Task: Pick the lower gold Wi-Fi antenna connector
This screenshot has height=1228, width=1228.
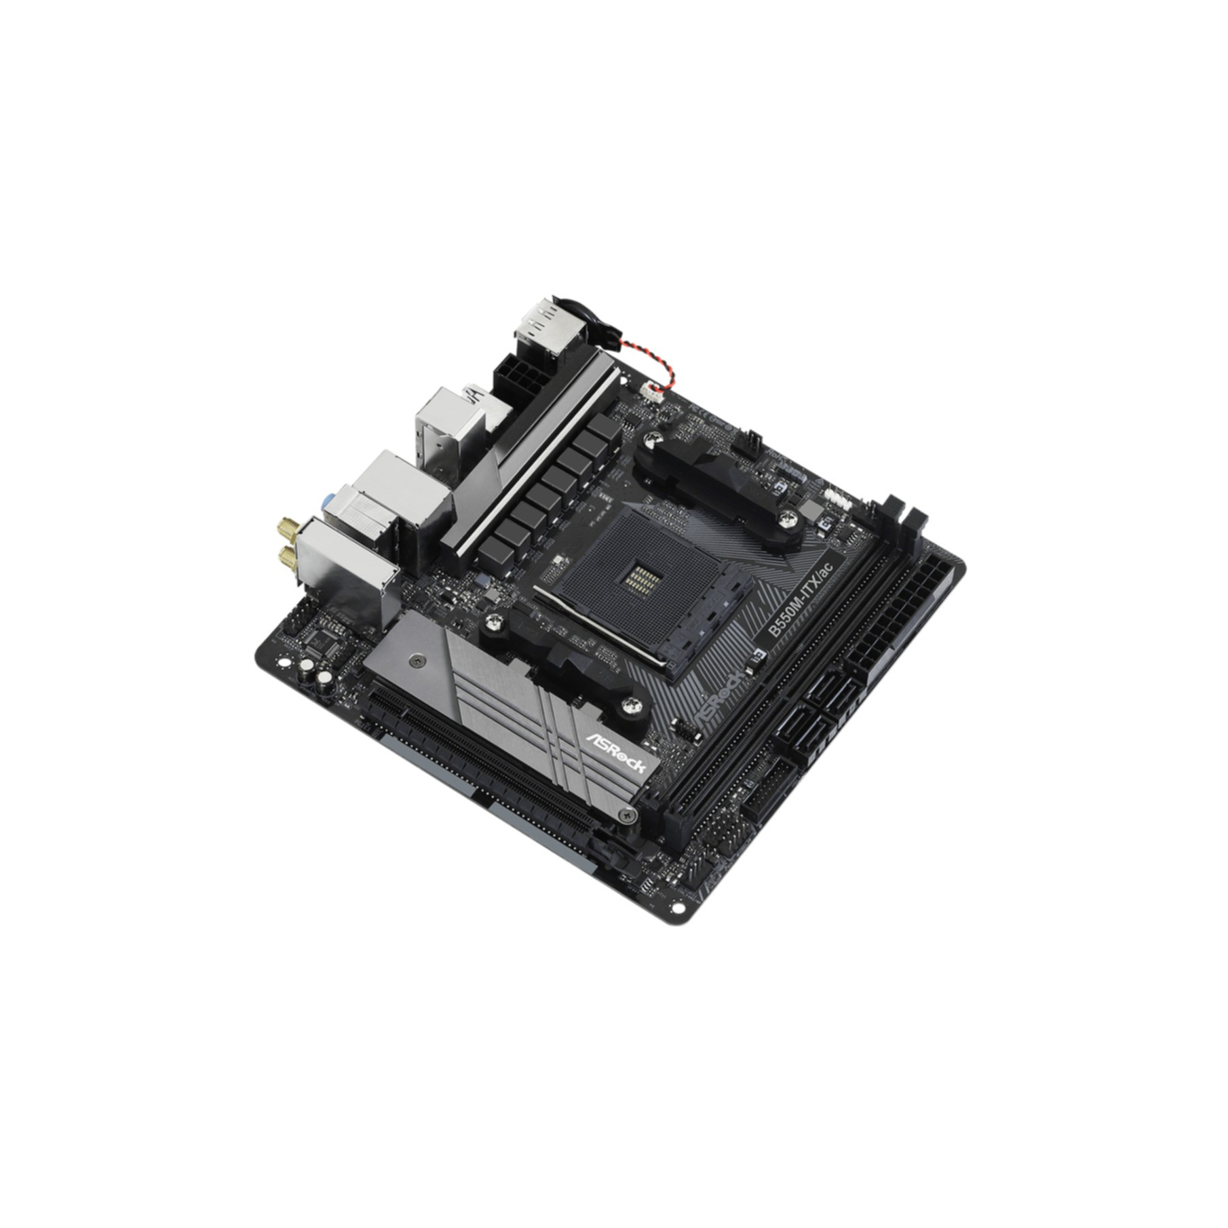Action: point(288,558)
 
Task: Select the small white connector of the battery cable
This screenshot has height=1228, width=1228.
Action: point(652,391)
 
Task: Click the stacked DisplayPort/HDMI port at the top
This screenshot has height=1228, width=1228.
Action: point(539,328)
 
